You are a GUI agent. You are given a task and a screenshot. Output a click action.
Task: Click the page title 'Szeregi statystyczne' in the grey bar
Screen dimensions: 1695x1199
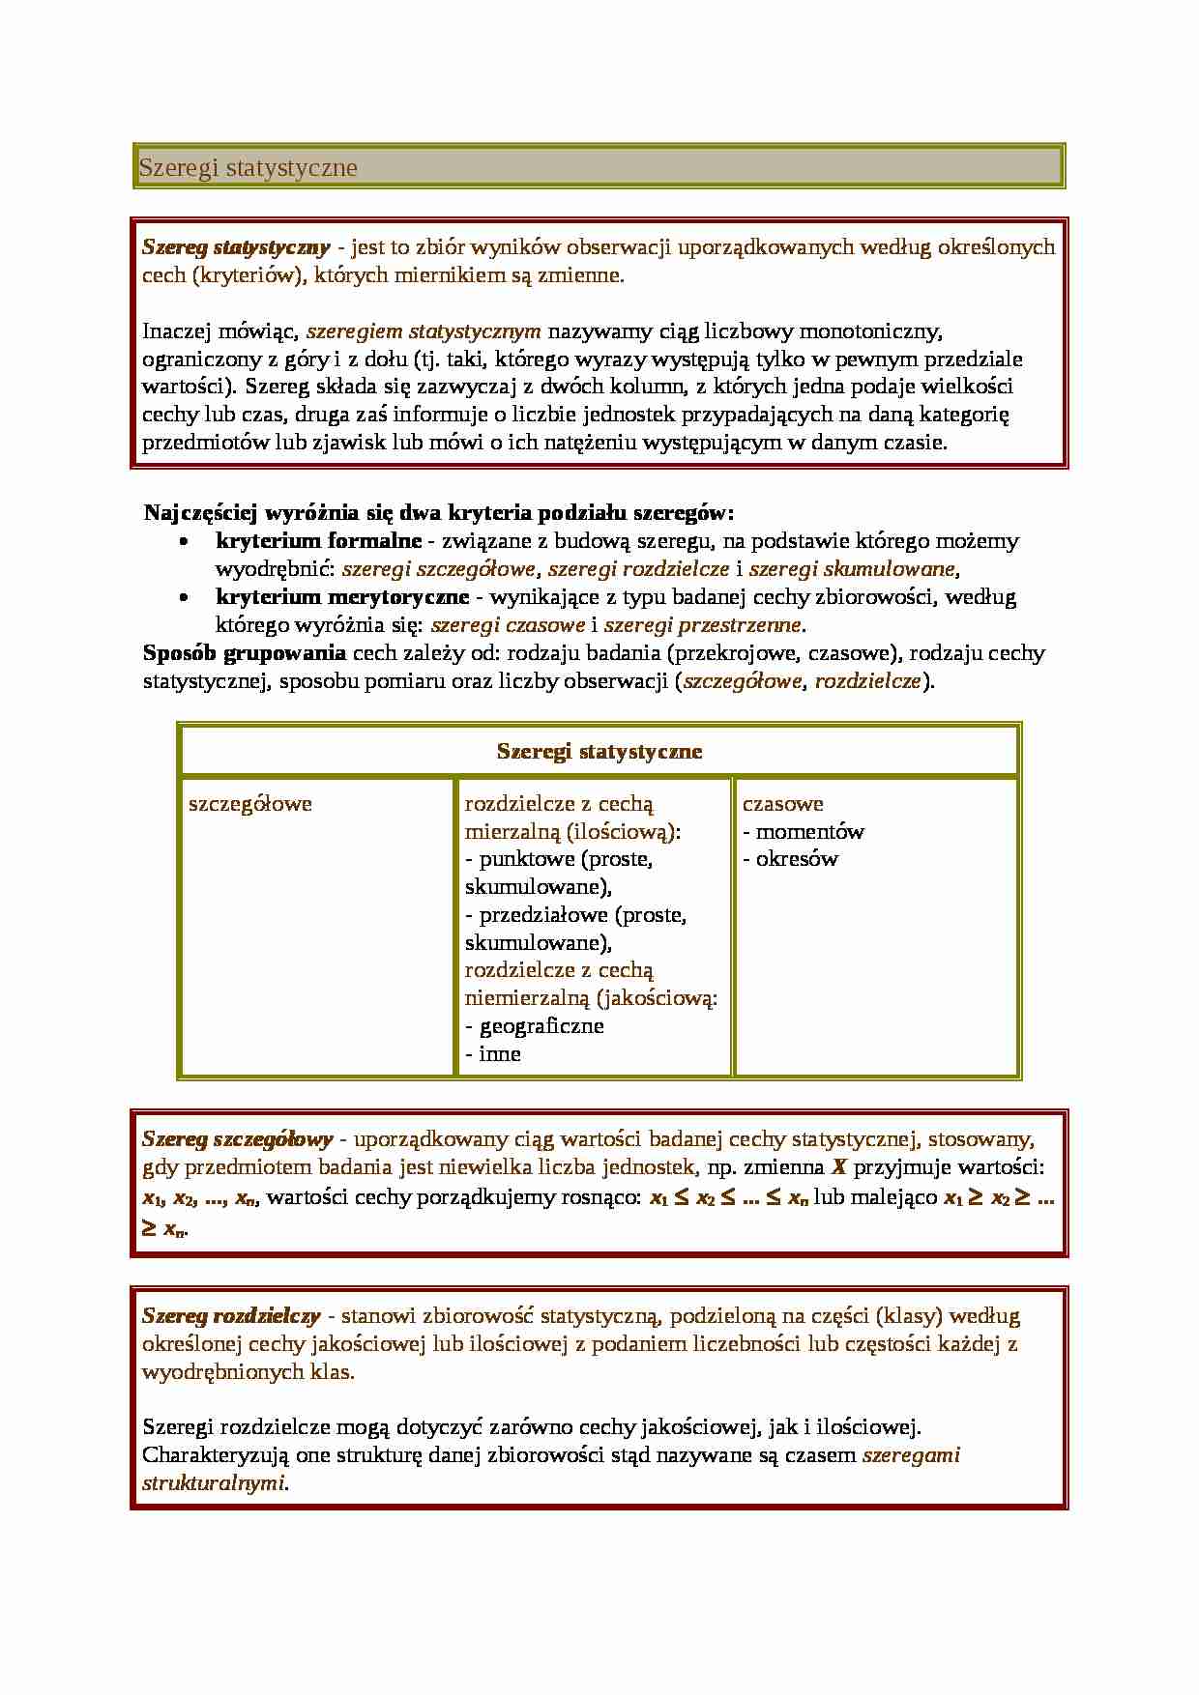(x=249, y=168)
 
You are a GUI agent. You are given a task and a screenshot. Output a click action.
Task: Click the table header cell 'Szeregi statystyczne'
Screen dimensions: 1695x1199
(x=599, y=751)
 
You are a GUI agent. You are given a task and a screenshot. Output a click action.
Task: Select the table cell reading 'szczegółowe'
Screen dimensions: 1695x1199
(x=250, y=804)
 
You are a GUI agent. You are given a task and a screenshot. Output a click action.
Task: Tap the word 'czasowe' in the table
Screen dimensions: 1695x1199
(x=783, y=804)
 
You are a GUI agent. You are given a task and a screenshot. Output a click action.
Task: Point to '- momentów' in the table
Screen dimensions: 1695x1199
(x=804, y=832)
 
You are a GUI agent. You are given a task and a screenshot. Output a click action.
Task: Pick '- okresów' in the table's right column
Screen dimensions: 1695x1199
(x=791, y=859)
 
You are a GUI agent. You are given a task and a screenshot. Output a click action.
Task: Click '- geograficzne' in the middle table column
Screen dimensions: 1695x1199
(x=535, y=1026)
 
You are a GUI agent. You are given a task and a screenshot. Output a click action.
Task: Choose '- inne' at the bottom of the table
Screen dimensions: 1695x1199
(x=493, y=1054)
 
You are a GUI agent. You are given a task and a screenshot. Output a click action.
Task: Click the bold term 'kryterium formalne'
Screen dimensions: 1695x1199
(x=318, y=541)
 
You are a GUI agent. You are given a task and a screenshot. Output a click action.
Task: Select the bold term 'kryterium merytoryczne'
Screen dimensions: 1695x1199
(x=342, y=597)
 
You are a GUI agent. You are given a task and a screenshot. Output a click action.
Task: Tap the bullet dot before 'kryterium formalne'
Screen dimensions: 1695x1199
(x=185, y=542)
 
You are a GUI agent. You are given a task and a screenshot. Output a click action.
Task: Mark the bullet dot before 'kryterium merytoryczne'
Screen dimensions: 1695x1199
(x=185, y=598)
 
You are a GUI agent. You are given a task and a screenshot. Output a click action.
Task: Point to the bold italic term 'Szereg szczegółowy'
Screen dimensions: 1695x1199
(x=238, y=1139)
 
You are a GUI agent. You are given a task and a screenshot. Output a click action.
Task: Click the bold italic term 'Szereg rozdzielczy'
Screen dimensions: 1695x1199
(x=231, y=1315)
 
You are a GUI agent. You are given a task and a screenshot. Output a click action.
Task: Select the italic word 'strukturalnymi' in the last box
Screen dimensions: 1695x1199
(x=214, y=1482)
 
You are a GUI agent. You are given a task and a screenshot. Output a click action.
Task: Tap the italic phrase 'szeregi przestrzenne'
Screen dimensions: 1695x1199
(x=703, y=625)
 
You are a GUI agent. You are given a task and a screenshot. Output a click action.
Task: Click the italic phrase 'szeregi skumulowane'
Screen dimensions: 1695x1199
(x=852, y=569)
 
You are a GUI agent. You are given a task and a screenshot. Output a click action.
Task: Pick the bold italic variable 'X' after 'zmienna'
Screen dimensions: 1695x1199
(x=838, y=1167)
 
